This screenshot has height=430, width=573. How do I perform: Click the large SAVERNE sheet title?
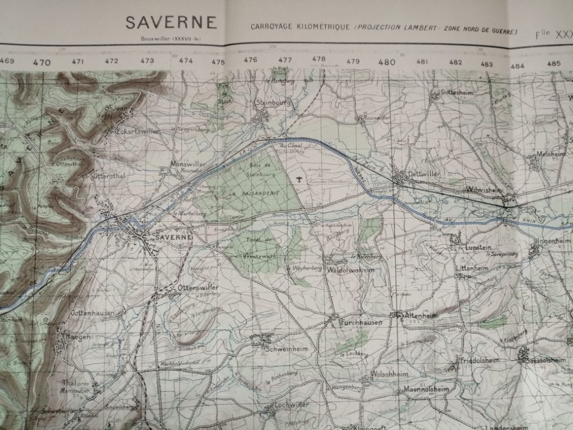pyautogui.click(x=171, y=22)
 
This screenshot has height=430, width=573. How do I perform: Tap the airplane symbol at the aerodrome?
pyautogui.click(x=300, y=180)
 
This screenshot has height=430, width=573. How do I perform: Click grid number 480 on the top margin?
pyautogui.click(x=387, y=62)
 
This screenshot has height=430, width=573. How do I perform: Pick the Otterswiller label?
pyautogui.click(x=197, y=288)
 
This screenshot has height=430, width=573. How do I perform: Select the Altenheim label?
pyautogui.click(x=422, y=316)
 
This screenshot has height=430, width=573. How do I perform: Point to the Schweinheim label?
pyautogui.click(x=286, y=348)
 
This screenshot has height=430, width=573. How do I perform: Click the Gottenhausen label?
pyautogui.click(x=92, y=313)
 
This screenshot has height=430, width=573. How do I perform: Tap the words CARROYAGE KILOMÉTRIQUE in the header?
pyautogui.click(x=300, y=27)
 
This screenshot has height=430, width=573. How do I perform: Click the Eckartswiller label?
pyautogui.click(x=138, y=130)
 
